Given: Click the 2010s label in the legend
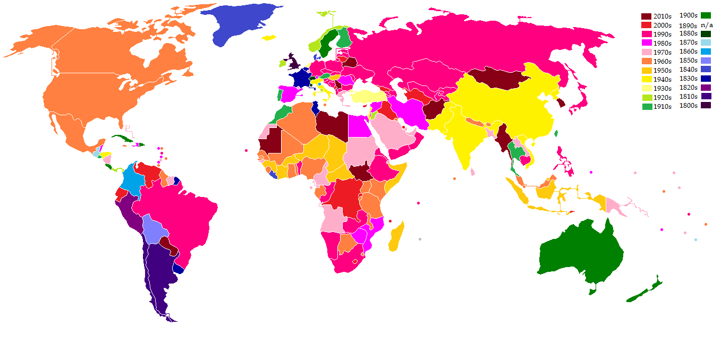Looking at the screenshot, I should coord(663,16).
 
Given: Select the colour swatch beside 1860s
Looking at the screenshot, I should coord(706,52).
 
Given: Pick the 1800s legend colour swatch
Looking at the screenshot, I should coord(706,105).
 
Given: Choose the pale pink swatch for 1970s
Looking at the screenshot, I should coord(646,52).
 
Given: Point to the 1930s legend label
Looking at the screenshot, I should coord(663,88).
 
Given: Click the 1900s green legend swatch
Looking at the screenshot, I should coord(706,15).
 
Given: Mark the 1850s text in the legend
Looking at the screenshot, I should coord(688,61).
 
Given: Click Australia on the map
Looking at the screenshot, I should coord(582,255).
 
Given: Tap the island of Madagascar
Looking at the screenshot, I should coord(396,237).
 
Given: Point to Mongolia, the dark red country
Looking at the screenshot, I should coord(497,79).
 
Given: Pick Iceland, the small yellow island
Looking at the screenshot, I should coord(269,37).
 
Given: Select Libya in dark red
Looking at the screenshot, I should coord(332,123).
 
